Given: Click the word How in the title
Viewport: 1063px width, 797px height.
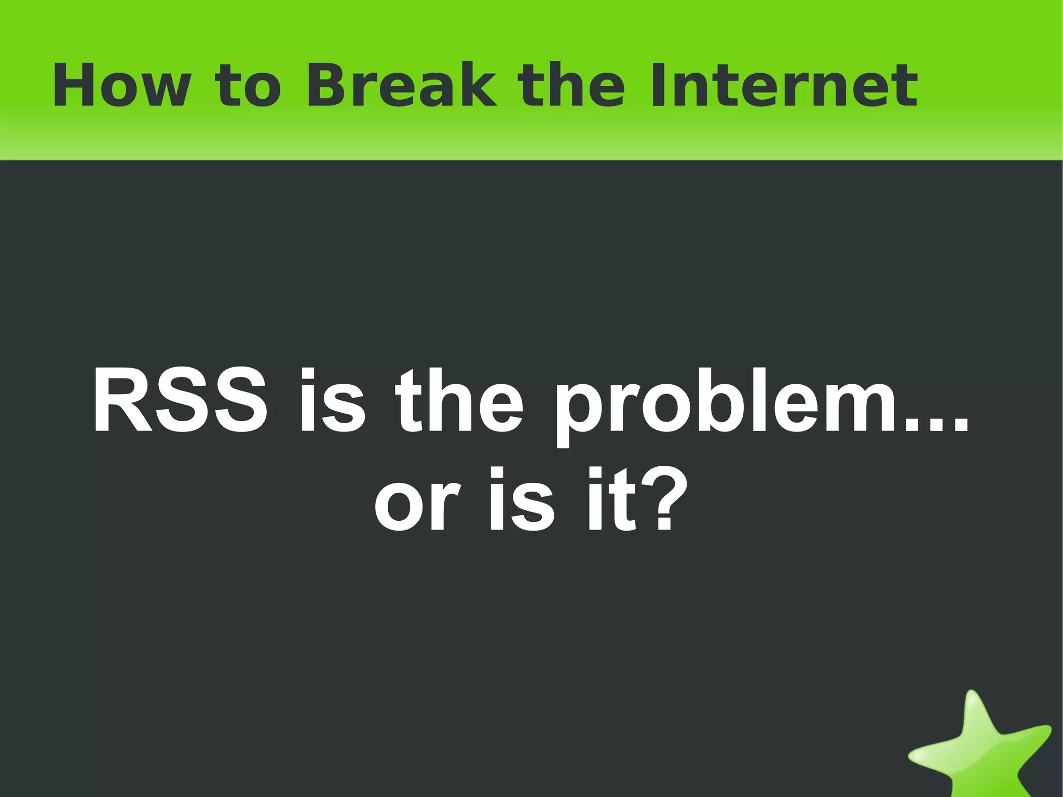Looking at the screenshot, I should (x=121, y=86).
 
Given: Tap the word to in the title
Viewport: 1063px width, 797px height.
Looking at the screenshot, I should (x=248, y=87).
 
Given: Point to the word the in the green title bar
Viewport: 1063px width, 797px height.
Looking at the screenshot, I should (x=571, y=86).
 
